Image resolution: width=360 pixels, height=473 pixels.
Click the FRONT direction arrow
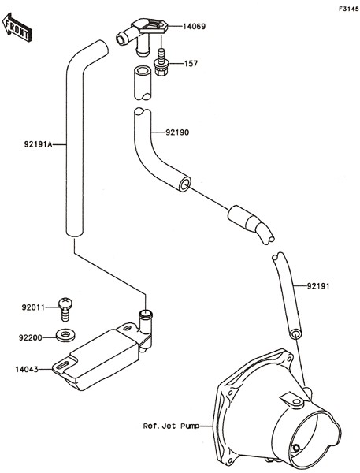(x=17, y=27)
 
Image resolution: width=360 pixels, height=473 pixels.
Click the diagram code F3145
(x=348, y=9)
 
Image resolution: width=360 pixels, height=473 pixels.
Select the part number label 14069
(x=195, y=27)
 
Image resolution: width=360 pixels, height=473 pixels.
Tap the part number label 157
(x=191, y=64)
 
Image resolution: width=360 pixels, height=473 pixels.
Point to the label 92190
(x=177, y=132)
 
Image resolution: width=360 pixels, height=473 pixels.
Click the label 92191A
(x=39, y=144)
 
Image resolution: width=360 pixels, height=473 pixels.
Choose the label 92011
(x=33, y=307)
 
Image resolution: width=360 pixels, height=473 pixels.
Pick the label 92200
(x=31, y=337)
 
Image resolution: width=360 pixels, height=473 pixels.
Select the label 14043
(x=27, y=369)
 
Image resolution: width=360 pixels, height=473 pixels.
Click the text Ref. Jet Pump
(x=171, y=426)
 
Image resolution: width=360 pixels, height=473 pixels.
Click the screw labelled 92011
(x=65, y=308)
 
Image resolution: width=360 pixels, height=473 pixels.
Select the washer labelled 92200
(x=65, y=336)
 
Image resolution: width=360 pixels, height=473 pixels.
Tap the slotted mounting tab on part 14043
(x=64, y=366)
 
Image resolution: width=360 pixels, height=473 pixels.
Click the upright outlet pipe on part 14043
(x=145, y=326)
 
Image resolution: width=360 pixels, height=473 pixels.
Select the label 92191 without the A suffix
(x=318, y=285)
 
